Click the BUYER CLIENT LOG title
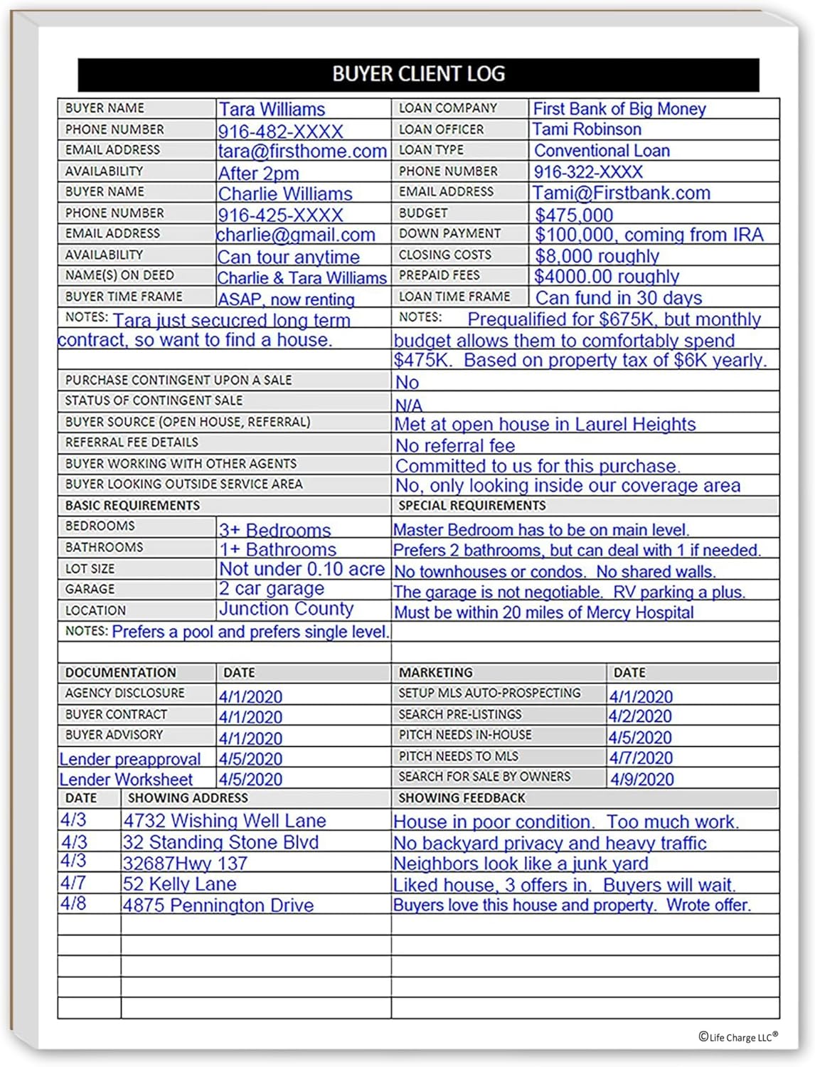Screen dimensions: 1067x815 pos(418,74)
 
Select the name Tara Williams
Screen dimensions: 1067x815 pos(272,109)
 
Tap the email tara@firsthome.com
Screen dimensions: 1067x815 pos(302,151)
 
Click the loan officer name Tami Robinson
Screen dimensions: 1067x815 pos(587,129)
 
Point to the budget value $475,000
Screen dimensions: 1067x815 pos(573,215)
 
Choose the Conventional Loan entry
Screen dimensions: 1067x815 pos(602,151)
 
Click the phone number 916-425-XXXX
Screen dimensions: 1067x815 pos(280,215)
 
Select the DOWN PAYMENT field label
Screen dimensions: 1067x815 pos(449,233)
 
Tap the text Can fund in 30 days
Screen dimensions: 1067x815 pos(618,297)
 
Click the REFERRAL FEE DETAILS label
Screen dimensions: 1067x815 pos(132,442)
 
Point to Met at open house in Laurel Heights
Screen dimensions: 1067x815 pos(545,424)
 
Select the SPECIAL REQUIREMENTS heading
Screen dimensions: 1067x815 pos(472,506)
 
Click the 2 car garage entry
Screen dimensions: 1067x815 pos(271,588)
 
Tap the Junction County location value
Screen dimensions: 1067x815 pos(286,609)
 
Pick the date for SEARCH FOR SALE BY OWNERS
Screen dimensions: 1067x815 pos(641,779)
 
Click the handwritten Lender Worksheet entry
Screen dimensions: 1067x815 pos(126,780)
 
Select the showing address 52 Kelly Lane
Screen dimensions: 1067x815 pos(179,884)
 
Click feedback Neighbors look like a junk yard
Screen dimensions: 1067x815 pos(521,864)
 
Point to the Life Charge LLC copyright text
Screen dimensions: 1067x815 pos(737,1037)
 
